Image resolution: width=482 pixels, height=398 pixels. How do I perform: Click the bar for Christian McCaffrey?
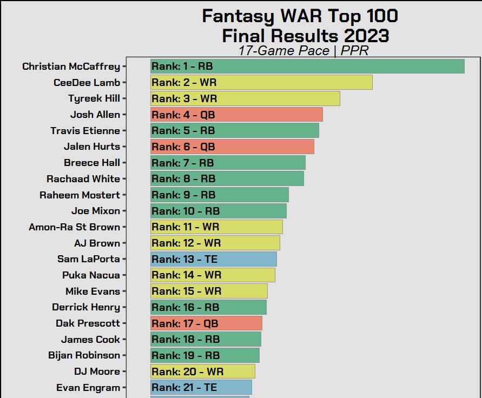pyautogui.click(x=307, y=67)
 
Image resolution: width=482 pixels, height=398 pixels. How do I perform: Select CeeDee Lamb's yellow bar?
pyautogui.click(x=261, y=83)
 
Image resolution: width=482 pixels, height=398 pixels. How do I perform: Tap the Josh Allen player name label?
pyautogui.click(x=95, y=115)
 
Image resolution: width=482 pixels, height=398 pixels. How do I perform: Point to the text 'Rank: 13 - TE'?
pyautogui.click(x=185, y=259)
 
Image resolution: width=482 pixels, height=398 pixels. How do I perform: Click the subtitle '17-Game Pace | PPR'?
pyautogui.click(x=303, y=51)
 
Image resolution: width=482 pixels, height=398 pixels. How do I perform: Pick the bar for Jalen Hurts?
pyautogui.click(x=232, y=147)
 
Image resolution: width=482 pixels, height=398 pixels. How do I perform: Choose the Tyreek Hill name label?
pyautogui.click(x=94, y=98)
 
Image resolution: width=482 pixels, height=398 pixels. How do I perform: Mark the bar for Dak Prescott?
pyautogui.click(x=206, y=323)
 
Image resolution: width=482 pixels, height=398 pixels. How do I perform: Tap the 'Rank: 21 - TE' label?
pyautogui.click(x=184, y=388)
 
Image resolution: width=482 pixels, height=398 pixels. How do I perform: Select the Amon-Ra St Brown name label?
pyautogui.click(x=74, y=227)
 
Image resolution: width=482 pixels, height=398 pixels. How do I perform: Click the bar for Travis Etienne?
pyautogui.click(x=235, y=131)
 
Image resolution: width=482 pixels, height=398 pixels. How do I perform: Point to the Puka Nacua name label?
pyautogui.click(x=91, y=275)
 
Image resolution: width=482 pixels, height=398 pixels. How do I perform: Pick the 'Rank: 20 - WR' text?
pyautogui.click(x=187, y=372)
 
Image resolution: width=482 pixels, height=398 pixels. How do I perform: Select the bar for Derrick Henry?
pyautogui.click(x=208, y=307)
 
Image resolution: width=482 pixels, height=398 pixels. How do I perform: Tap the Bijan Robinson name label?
pyautogui.click(x=84, y=355)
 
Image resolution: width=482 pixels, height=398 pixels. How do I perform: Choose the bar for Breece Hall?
pyautogui.click(x=228, y=163)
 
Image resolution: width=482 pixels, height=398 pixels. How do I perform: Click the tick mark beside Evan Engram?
pyautogui.click(x=124, y=388)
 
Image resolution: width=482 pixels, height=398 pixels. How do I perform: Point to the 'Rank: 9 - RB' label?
pyautogui.click(x=183, y=195)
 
